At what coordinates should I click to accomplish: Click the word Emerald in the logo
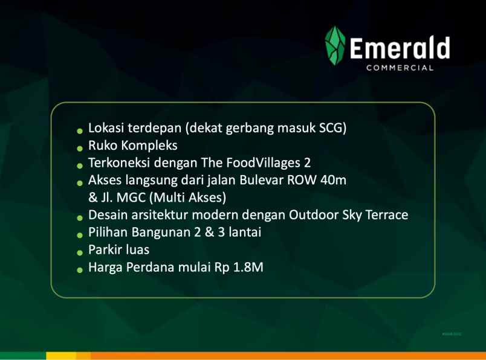tap(399, 48)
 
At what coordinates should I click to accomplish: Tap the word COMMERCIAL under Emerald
tap(400, 68)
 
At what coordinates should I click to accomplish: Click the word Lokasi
tap(106, 129)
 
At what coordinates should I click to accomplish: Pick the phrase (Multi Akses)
tap(184, 197)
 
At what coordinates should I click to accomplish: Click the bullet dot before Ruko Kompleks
tap(80, 147)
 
